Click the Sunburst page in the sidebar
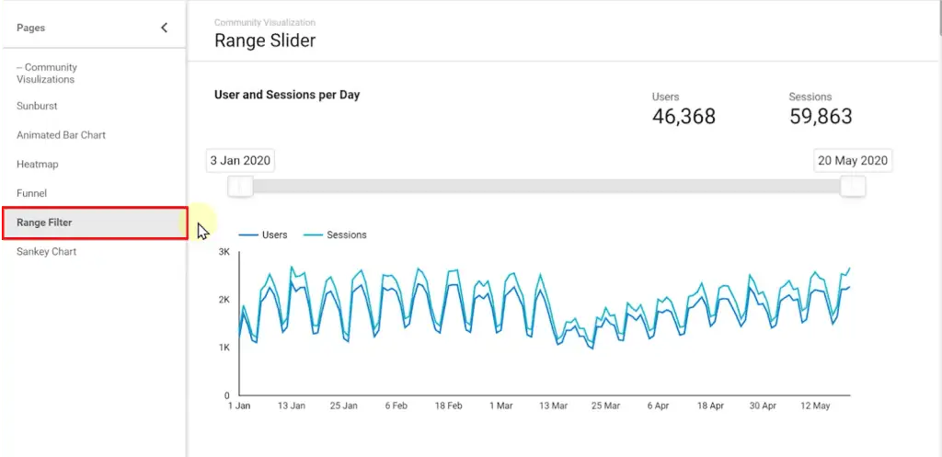[37, 106]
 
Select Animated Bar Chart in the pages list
[61, 135]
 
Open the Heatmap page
[38, 165]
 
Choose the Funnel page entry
[31, 194]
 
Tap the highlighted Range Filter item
[44, 223]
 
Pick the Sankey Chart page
[46, 252]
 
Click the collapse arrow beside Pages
[165, 28]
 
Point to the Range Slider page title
[265, 40]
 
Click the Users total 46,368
[684, 117]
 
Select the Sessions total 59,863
[821, 117]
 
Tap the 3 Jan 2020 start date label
[240, 161]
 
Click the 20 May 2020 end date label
[853, 161]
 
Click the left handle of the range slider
[241, 187]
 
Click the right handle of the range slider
[853, 187]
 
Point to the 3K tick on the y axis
[224, 252]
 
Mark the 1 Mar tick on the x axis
[501, 405]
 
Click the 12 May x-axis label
[815, 405]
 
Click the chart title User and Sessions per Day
[287, 95]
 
